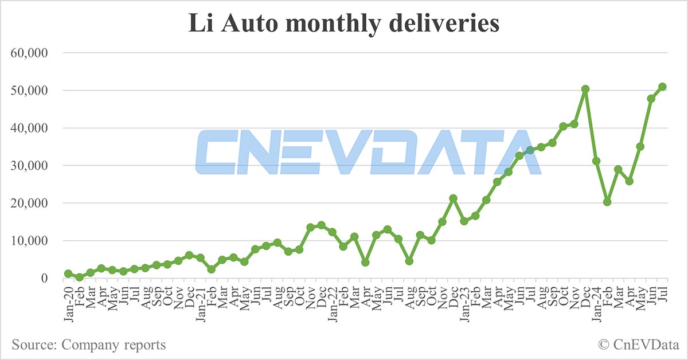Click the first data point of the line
click(x=68, y=274)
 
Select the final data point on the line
click(x=662, y=87)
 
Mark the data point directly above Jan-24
click(x=596, y=161)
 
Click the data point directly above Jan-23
click(x=464, y=221)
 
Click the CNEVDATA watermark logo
click(x=367, y=152)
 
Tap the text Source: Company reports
click(x=88, y=345)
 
